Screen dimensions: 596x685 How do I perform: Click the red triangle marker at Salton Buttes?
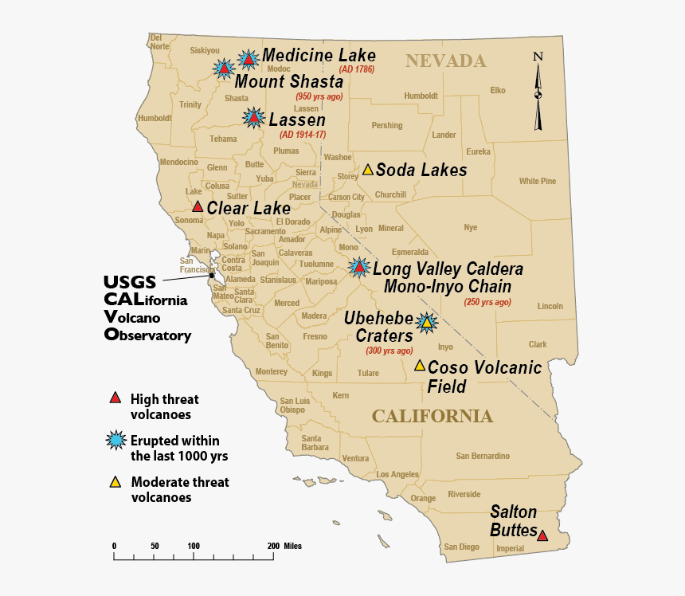[x=542, y=535]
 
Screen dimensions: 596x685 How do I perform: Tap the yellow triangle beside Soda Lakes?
[x=368, y=170]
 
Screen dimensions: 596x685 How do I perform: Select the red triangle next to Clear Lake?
[x=198, y=206]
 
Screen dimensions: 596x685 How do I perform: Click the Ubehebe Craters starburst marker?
[x=428, y=323]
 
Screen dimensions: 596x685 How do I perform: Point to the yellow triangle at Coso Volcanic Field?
[x=420, y=366]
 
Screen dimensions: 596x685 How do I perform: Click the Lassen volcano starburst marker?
[x=253, y=118]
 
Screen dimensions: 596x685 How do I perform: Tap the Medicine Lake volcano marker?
[x=249, y=59]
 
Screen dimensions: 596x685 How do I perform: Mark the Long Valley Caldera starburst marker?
[x=359, y=268]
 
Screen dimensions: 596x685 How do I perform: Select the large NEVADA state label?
[x=445, y=61]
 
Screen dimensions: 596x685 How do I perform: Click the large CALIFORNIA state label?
[x=432, y=416]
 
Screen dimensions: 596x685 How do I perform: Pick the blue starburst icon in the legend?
[x=116, y=440]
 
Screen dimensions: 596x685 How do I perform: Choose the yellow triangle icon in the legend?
[x=115, y=481]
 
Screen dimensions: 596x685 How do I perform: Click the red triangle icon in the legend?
[x=115, y=398]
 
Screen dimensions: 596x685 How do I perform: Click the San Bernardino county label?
[x=483, y=456]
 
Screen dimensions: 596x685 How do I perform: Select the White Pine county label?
[x=537, y=181]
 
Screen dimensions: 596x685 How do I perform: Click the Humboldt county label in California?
[x=155, y=118]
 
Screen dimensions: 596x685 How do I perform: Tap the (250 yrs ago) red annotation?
[x=487, y=302]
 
